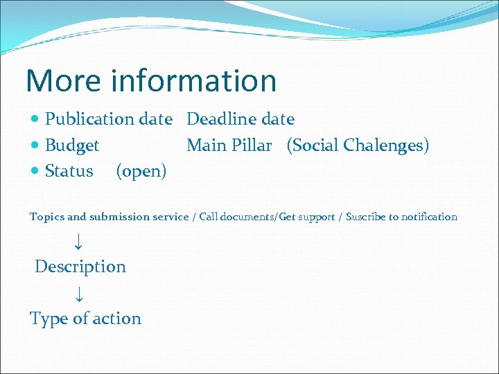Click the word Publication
(x=89, y=119)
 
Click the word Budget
(x=72, y=145)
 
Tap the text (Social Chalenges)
(x=358, y=145)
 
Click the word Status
(x=69, y=171)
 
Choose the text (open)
(x=141, y=172)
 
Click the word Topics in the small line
(x=47, y=217)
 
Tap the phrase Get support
(x=309, y=217)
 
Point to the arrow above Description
(x=78, y=241)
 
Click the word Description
(x=80, y=267)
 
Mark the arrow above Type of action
(x=78, y=294)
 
